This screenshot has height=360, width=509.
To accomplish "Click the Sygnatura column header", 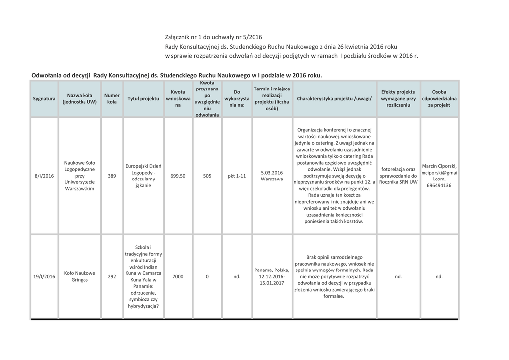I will [44, 99].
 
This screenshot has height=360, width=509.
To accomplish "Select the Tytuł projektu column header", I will [143, 99].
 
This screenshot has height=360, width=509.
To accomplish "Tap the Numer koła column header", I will [112, 98].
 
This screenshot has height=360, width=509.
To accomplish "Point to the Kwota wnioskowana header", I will [178, 98].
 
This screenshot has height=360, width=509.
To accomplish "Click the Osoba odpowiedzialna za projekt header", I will [439, 98].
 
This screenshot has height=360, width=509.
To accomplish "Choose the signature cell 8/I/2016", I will [44, 176].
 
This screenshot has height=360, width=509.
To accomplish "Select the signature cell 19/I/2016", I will [44, 276].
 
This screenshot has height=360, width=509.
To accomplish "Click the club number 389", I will [112, 176].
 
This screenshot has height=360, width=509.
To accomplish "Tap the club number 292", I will [112, 276].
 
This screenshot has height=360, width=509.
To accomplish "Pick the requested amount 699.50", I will [178, 176].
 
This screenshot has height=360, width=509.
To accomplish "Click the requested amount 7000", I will [178, 276].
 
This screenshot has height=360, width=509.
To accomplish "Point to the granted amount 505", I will [207, 176].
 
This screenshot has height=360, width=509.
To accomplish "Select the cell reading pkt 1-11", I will [237, 176].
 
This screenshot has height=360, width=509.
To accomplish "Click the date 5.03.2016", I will [271, 172].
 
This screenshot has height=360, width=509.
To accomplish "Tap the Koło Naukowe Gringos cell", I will [80, 276].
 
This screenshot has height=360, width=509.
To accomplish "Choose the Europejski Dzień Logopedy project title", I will [143, 176].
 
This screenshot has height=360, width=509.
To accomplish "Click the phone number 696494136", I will [439, 186].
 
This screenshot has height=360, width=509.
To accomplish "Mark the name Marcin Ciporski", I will [439, 166].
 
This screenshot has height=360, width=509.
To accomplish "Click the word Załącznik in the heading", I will [179, 37].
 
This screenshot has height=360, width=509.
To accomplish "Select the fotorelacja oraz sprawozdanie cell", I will [398, 176].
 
